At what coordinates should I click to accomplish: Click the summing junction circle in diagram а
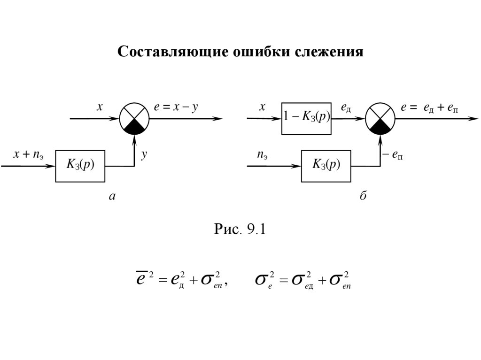coord(134,118)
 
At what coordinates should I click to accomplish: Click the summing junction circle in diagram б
coord(380,118)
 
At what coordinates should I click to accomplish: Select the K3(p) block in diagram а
coord(81,166)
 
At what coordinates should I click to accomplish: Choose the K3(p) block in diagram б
coord(326,166)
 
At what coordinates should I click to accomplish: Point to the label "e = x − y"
coord(176,107)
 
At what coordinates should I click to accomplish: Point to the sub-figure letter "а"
coord(112,197)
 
